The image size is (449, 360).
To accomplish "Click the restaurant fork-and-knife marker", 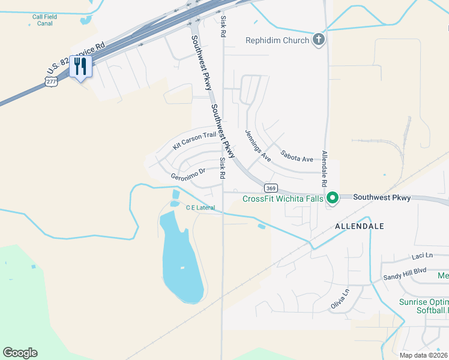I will click(80, 67).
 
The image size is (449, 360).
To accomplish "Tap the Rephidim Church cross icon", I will click(319, 40).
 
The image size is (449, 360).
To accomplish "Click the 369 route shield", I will click(271, 187).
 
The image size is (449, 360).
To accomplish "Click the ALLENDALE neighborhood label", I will click(359, 226).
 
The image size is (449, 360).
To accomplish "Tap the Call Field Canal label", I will click(45, 20).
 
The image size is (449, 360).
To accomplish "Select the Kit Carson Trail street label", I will click(194, 140).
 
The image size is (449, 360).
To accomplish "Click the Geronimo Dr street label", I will click(188, 174).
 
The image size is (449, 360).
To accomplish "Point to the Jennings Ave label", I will click(258, 146).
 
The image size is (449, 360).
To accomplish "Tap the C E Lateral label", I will click(200, 208).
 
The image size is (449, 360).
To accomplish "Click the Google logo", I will click(20, 353).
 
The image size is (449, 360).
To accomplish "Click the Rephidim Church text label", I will click(277, 41).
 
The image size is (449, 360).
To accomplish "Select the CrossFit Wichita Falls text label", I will click(283, 199).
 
